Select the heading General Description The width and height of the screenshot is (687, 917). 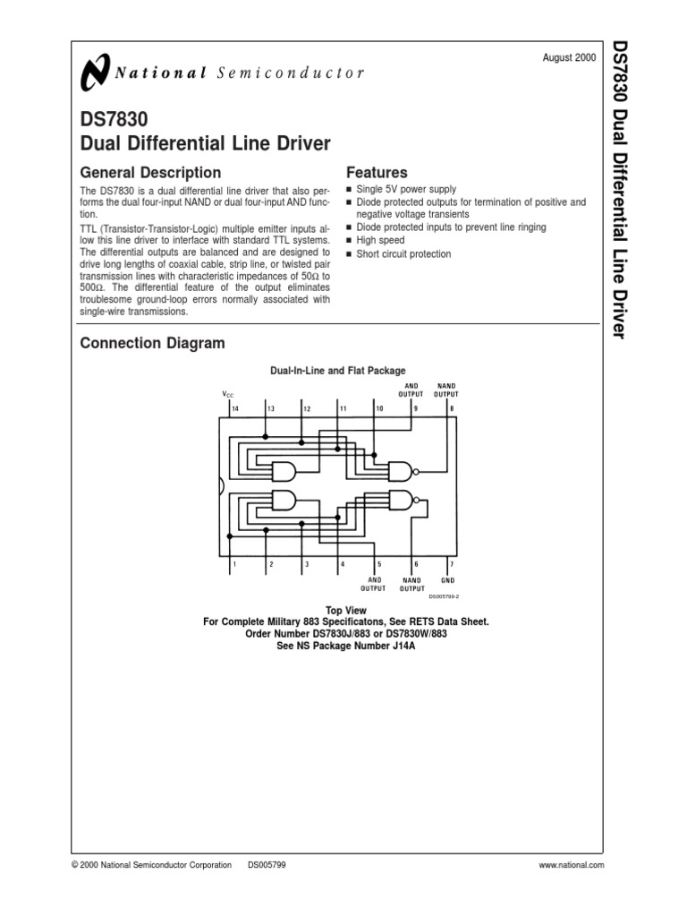click(150, 172)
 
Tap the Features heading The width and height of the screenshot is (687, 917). click(376, 172)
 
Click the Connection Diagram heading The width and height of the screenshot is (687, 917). click(152, 343)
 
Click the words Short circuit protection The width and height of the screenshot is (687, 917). click(403, 254)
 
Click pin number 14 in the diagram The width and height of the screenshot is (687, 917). click(235, 409)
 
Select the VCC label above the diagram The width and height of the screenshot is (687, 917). click(227, 394)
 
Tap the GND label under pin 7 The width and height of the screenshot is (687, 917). click(448, 580)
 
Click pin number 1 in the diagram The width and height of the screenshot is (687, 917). click(234, 565)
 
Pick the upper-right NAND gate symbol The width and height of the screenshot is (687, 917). click(399, 471)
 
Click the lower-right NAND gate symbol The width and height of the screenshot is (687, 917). click(399, 501)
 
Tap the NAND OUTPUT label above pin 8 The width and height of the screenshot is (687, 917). click(445, 389)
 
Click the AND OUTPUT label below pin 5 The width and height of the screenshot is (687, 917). click(373, 584)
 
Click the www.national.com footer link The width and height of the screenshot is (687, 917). click(572, 865)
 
